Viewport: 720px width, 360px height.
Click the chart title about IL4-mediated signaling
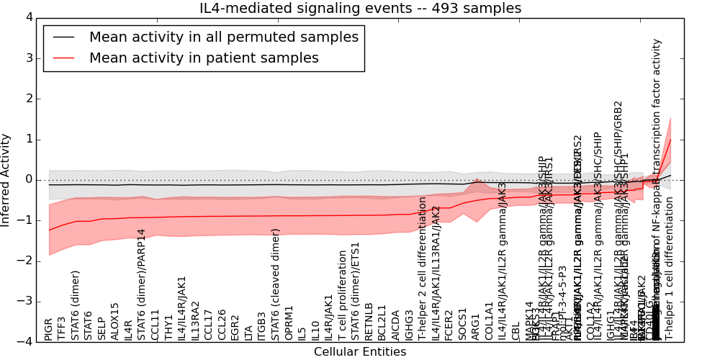click(360, 8)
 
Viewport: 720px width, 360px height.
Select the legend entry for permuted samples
click(223, 37)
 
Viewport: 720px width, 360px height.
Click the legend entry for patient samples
click(204, 58)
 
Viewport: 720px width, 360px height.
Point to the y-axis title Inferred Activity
click(6, 179)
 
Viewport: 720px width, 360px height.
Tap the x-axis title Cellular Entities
click(360, 352)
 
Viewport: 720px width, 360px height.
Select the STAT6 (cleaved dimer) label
click(276, 284)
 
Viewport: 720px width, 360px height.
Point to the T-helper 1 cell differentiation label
click(670, 270)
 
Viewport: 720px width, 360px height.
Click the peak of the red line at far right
click(670, 139)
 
